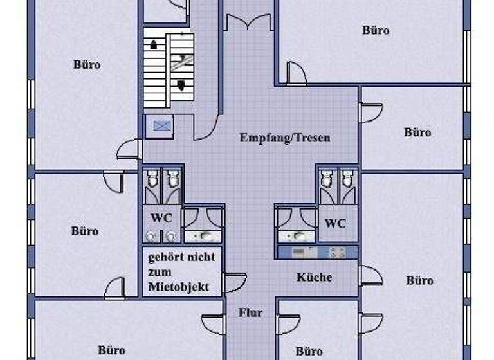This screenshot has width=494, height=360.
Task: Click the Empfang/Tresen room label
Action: click(285, 138)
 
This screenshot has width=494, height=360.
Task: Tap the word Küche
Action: click(314, 277)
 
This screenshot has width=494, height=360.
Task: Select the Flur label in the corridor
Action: click(250, 313)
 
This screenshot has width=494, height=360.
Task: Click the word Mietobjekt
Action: click(178, 287)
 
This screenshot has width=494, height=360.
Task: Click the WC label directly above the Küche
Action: click(335, 224)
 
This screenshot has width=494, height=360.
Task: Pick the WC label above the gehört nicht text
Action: click(161, 218)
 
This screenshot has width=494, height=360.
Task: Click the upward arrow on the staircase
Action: click(154, 46)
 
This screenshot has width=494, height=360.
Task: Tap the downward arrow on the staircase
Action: click(181, 85)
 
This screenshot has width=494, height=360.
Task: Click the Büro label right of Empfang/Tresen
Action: click(417, 132)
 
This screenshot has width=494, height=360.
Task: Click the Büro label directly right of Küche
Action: click(419, 280)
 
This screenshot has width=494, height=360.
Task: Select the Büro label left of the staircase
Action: click(87, 65)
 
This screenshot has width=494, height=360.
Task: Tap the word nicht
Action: click(202, 258)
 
